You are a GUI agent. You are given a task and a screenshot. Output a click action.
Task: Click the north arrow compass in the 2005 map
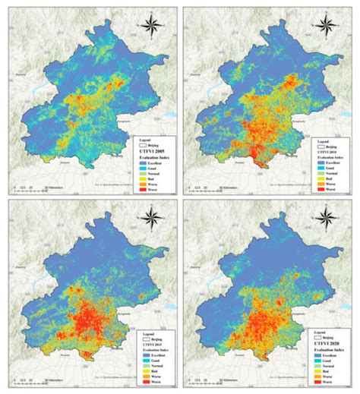(x=150, y=23)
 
